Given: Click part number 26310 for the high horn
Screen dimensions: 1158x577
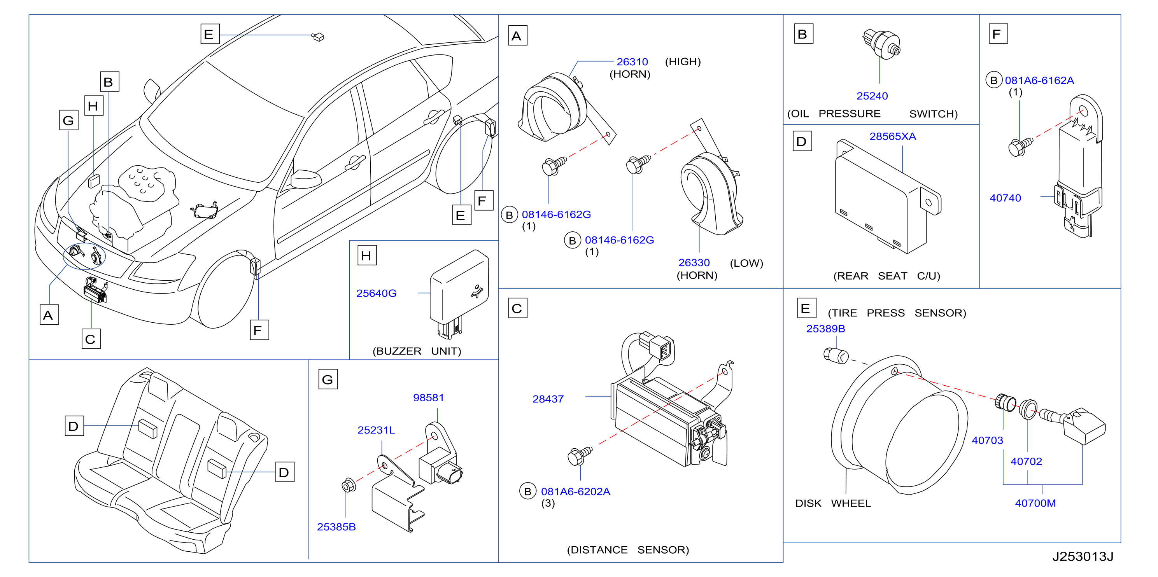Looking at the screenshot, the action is pyautogui.click(x=632, y=61).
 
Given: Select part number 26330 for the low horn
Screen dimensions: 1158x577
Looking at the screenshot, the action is pyautogui.click(x=694, y=262).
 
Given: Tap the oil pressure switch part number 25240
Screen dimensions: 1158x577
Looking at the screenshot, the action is pyautogui.click(x=872, y=96).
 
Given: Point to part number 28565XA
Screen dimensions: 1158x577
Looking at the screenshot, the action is pyautogui.click(x=892, y=136).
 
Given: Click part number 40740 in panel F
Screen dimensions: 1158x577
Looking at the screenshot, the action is pyautogui.click(x=1005, y=198).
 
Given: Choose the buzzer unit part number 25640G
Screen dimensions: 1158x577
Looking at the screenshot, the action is pyautogui.click(x=376, y=293).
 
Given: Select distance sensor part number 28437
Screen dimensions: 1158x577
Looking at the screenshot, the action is pyautogui.click(x=548, y=399).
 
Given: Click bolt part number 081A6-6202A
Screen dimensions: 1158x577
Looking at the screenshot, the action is pyautogui.click(x=575, y=491).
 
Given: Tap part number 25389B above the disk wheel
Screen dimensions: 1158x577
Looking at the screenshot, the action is pyautogui.click(x=825, y=329).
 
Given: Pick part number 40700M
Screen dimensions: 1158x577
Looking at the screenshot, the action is pyautogui.click(x=1035, y=503).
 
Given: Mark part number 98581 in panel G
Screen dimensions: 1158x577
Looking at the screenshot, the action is pyautogui.click(x=428, y=397).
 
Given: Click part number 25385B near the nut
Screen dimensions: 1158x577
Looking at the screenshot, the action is pyautogui.click(x=336, y=527).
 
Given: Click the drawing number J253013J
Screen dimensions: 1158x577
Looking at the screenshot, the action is pyautogui.click(x=1083, y=556).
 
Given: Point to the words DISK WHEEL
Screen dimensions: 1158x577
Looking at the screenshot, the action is pyautogui.click(x=833, y=503).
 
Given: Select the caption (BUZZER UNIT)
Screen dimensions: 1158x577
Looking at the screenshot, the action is pyautogui.click(x=417, y=351).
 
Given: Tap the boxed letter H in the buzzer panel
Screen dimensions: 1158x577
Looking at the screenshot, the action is pyautogui.click(x=367, y=255).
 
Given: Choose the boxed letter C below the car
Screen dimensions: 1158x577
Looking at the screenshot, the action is pyautogui.click(x=91, y=339).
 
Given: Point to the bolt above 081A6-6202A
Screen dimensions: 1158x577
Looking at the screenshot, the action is pyautogui.click(x=580, y=456).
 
